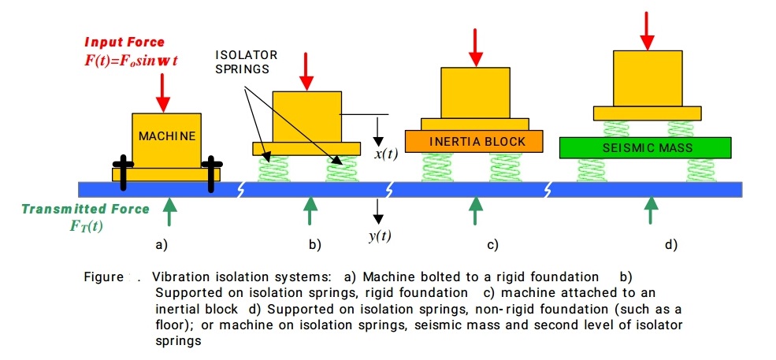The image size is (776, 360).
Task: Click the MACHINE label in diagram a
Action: pos(166,136)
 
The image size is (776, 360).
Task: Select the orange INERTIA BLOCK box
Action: pos(475,141)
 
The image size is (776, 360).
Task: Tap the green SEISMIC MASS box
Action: pos(646,147)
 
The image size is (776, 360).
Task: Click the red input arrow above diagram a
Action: pos(163,92)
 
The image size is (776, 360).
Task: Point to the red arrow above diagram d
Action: pos(648,30)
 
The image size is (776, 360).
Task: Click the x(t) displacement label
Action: pos(385,154)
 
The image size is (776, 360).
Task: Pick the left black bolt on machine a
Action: pos(124,172)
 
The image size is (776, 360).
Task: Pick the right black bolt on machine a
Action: pos(211,172)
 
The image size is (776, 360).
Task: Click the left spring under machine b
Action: pos(273,168)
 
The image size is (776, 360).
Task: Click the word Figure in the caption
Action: pos(104,277)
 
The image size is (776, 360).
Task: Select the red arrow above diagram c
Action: pos(475,47)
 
